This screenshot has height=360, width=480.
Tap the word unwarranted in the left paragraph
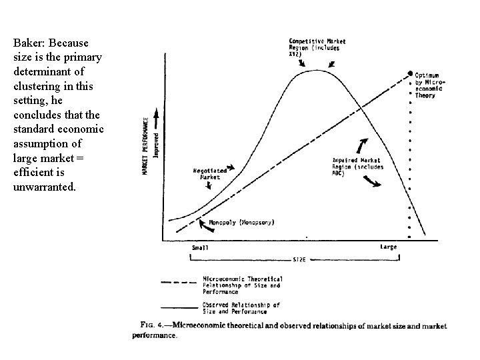coord(44,187)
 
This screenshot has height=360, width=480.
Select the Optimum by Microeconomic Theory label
coord(435,84)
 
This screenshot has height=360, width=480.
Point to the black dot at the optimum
coord(409,73)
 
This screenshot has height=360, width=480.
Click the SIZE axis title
coord(299,260)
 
